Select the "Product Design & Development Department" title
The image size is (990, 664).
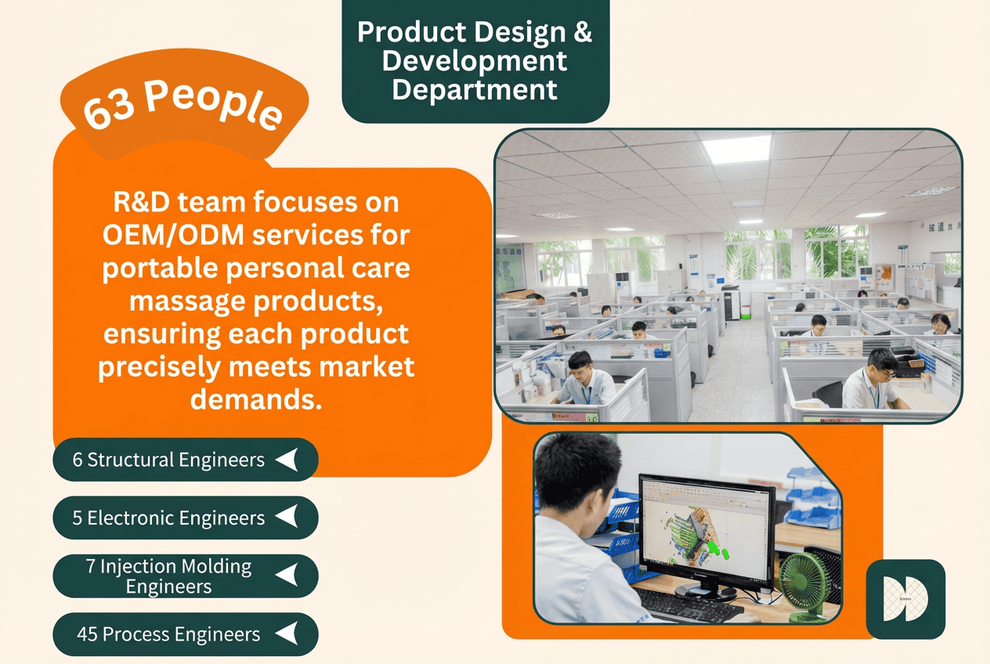coord(475,60)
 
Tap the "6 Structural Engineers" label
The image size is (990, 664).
coord(168,460)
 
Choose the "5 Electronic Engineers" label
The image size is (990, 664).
coord(168,518)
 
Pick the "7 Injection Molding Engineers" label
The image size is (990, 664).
coord(169,576)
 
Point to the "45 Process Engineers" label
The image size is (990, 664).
coord(168,634)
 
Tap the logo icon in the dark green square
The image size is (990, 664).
coord(905,598)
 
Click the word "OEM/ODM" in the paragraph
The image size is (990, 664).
coord(173,235)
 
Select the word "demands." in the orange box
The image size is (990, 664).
coord(256,399)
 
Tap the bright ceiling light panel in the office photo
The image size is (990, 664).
coord(736,149)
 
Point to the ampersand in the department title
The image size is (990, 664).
coord(583,32)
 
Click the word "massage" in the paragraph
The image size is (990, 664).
coord(187,301)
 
